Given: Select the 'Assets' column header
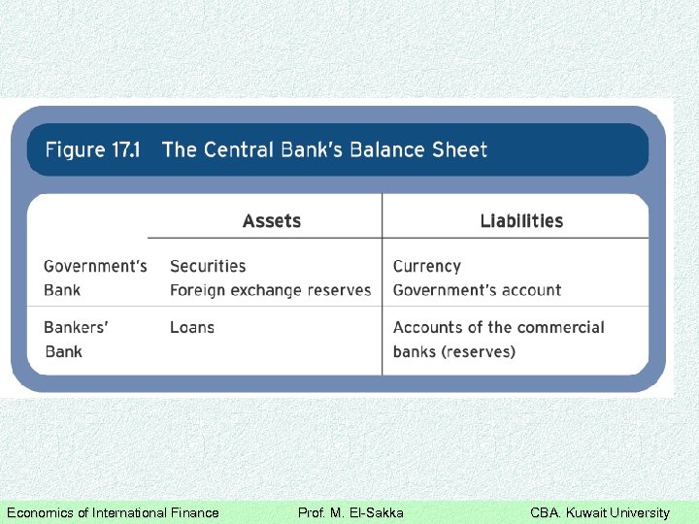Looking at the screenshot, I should tap(272, 221).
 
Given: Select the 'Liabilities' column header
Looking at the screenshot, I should tap(521, 221).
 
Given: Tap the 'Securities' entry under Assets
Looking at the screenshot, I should tap(208, 266).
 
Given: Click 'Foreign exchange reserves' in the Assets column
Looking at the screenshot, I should tap(270, 290).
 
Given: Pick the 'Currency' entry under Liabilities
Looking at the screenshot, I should tap(426, 266).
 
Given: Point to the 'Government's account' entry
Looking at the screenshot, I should tap(477, 290).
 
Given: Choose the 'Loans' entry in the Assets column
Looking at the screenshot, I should tap(191, 328).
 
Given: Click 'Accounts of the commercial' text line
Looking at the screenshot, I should tap(498, 328).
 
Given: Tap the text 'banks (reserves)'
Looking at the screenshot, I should tap(453, 351).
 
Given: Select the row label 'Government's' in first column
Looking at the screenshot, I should tap(95, 266).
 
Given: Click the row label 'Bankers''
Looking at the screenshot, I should tap(76, 328).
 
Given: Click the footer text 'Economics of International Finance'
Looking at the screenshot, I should tap(113, 512).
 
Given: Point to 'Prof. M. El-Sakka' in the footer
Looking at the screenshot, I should tap(350, 512).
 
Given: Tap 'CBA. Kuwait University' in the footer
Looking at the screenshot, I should tap(599, 512).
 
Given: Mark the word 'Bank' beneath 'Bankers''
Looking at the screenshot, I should tap(63, 351).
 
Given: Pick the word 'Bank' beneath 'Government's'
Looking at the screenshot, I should tap(63, 290).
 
